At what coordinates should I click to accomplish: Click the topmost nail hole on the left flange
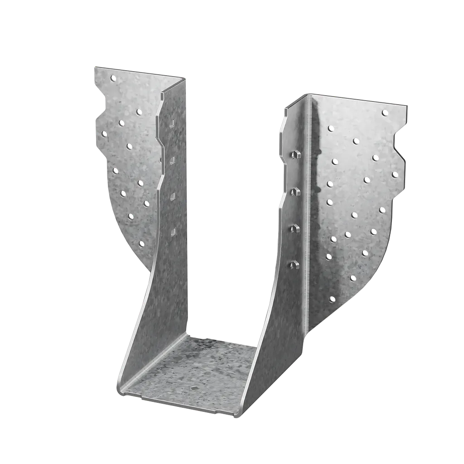tap(113, 78)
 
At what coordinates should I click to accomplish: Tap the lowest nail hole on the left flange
tap(141, 244)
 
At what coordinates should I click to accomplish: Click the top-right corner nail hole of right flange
tap(385, 113)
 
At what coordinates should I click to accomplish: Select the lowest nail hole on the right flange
tap(333, 299)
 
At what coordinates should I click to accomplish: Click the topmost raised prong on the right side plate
tap(295, 154)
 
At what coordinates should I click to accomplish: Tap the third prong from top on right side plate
tap(295, 228)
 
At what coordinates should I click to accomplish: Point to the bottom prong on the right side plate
tap(295, 263)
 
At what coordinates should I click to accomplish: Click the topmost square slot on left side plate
tap(173, 123)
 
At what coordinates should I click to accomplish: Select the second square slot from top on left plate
tap(173, 159)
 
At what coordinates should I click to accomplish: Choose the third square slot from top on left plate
tap(173, 196)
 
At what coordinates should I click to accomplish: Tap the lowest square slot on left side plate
tap(173, 232)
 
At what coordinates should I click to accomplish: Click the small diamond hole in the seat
tap(193, 388)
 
